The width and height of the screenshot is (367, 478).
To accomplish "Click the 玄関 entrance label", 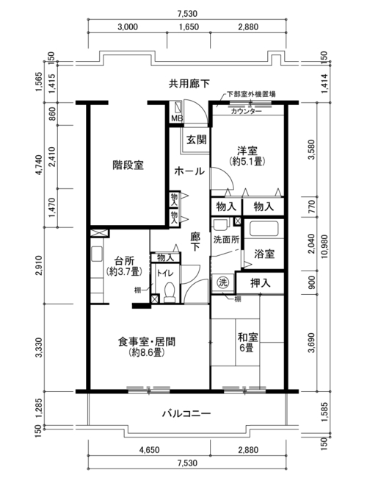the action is (x=197, y=140).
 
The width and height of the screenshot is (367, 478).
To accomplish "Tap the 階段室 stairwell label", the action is (x=128, y=165).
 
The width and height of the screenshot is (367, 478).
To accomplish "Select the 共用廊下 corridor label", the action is (x=189, y=84).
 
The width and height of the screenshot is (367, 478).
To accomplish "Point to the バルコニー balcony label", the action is (x=186, y=414).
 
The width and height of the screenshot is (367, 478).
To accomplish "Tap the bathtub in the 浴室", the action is (x=264, y=229).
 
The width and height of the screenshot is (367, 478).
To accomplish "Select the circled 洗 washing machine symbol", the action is (x=222, y=283).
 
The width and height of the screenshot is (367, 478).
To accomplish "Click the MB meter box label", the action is (x=177, y=118).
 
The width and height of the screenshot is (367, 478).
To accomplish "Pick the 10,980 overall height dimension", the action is (x=324, y=247).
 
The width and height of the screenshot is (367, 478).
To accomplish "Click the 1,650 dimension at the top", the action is (x=189, y=26).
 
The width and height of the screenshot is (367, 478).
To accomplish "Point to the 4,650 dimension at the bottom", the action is (x=149, y=449).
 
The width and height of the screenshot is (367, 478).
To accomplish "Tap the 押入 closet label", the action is (x=260, y=283).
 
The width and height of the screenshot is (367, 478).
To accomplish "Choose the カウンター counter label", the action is (x=246, y=111).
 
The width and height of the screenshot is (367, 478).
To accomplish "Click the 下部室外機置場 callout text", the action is (x=251, y=95).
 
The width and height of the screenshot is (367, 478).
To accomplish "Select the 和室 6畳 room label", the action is (x=247, y=343).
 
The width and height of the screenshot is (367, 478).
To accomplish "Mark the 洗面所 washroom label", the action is (x=226, y=240).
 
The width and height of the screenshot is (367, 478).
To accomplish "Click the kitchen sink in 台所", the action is (x=97, y=254).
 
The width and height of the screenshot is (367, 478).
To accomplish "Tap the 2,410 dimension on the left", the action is (x=52, y=157).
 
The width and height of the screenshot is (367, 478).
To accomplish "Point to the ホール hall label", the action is (x=189, y=171).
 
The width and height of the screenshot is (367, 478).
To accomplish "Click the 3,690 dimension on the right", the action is (x=312, y=343).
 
